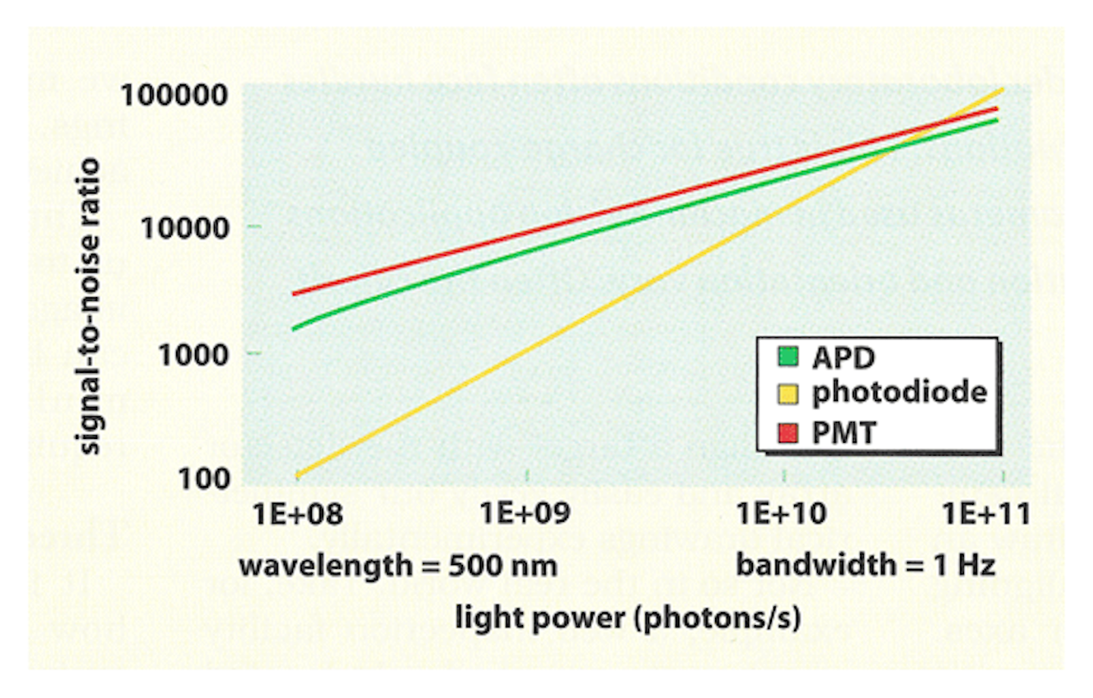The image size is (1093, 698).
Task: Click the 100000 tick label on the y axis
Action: click(x=174, y=96)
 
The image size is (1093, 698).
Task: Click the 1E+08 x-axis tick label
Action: click(x=297, y=514)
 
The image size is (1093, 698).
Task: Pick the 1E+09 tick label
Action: click(x=524, y=513)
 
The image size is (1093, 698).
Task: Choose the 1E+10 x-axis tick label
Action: click(x=781, y=513)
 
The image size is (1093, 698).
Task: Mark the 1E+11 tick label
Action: click(x=986, y=514)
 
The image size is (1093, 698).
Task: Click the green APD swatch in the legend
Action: click(x=789, y=356)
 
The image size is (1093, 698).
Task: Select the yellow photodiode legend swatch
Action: click(x=789, y=393)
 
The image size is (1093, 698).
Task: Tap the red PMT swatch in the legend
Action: click(x=789, y=433)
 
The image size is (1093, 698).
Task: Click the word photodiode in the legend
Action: click(x=899, y=393)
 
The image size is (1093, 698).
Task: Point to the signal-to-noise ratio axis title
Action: click(x=90, y=306)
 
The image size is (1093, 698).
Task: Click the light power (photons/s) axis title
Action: click(x=628, y=617)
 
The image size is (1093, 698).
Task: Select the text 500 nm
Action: click(x=502, y=566)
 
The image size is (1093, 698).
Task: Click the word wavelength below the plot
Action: click(x=325, y=566)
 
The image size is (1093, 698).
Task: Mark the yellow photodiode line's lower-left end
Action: click(x=298, y=475)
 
